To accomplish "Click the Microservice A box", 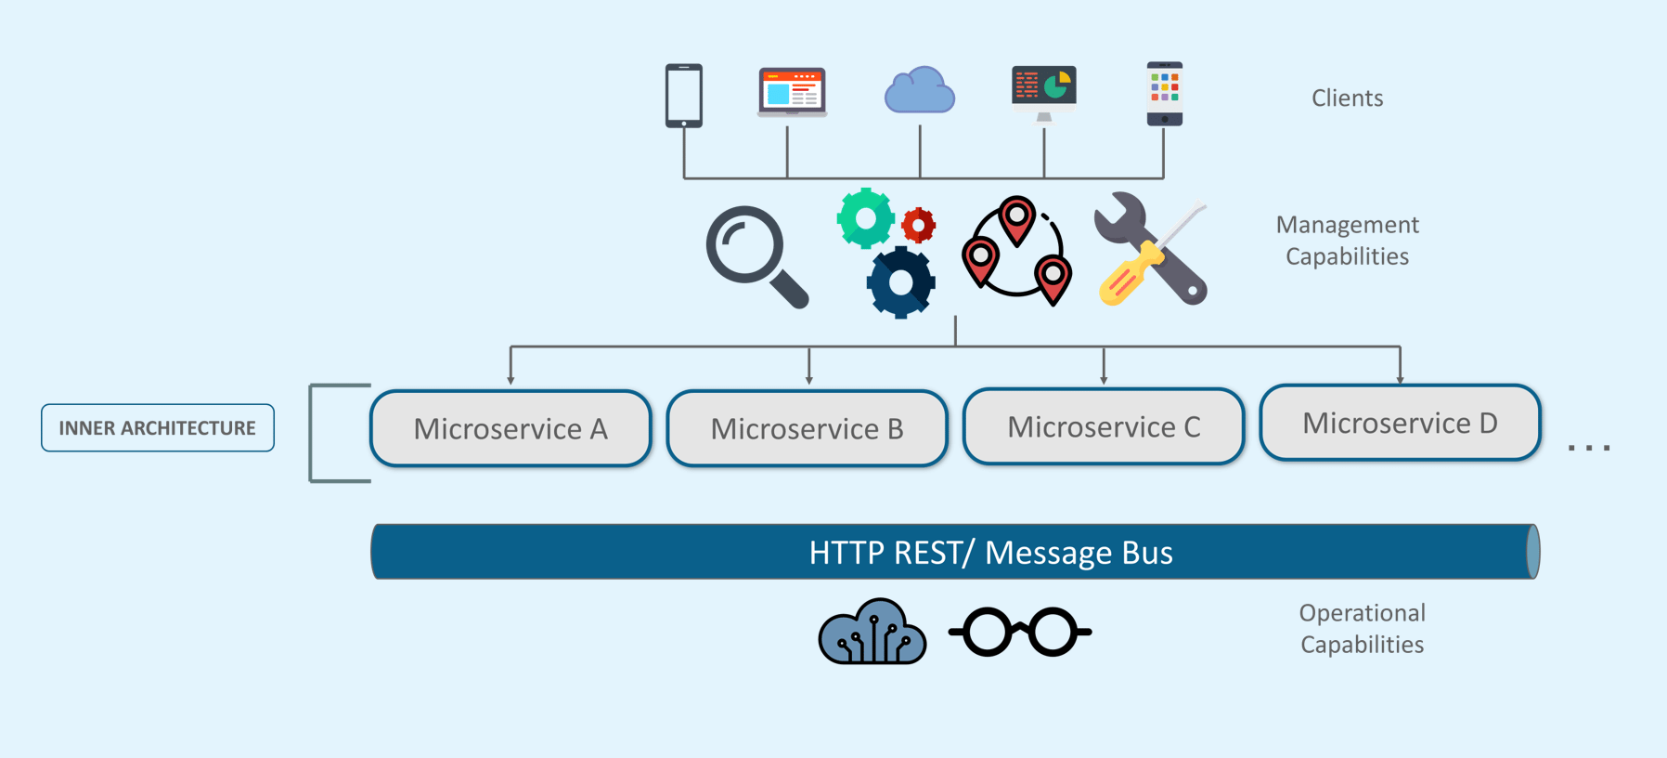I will [510, 428].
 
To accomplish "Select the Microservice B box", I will [807, 428].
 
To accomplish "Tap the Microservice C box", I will [1104, 426].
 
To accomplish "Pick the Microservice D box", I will [1400, 423].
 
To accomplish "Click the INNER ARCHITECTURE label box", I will [158, 428].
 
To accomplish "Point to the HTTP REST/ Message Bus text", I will [990, 553].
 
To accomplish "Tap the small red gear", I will [919, 224].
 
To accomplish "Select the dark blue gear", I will [900, 282].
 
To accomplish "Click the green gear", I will [865, 218].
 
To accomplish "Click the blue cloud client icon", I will [919, 91].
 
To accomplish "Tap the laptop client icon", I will [792, 92].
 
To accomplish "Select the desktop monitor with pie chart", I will [1044, 91].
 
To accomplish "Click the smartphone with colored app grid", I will [1164, 93].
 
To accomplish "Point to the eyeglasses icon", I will [1019, 632].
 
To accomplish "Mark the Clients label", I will [1347, 98].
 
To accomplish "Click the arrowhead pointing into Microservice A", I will [510, 379].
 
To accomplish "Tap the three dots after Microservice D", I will [1589, 448].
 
